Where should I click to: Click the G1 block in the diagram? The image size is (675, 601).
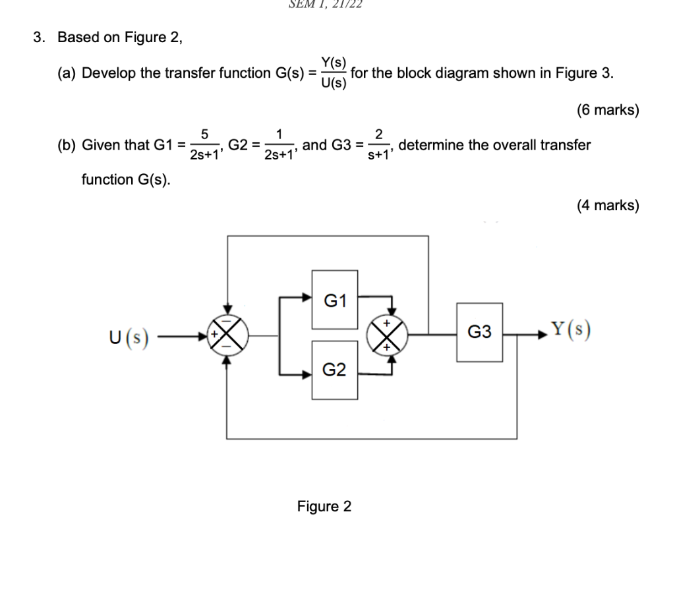pos(335,300)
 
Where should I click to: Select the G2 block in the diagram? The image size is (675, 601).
pos(335,370)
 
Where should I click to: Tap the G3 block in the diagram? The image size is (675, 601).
pos(479,332)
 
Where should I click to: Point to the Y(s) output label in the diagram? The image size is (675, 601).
pos(570,329)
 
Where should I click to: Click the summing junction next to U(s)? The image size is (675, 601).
pos(227,335)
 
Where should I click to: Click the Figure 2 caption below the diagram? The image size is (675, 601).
pos(324,506)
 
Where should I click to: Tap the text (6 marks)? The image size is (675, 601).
pos(607,110)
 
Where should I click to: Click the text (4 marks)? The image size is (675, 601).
pos(607,206)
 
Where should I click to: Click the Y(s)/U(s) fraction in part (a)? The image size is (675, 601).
pos(333,73)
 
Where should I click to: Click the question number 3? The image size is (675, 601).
pos(40,37)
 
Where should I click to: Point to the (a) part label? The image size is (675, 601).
pos(67,73)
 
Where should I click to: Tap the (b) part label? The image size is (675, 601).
pos(67,145)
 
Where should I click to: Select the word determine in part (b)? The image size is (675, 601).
pos(432,145)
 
